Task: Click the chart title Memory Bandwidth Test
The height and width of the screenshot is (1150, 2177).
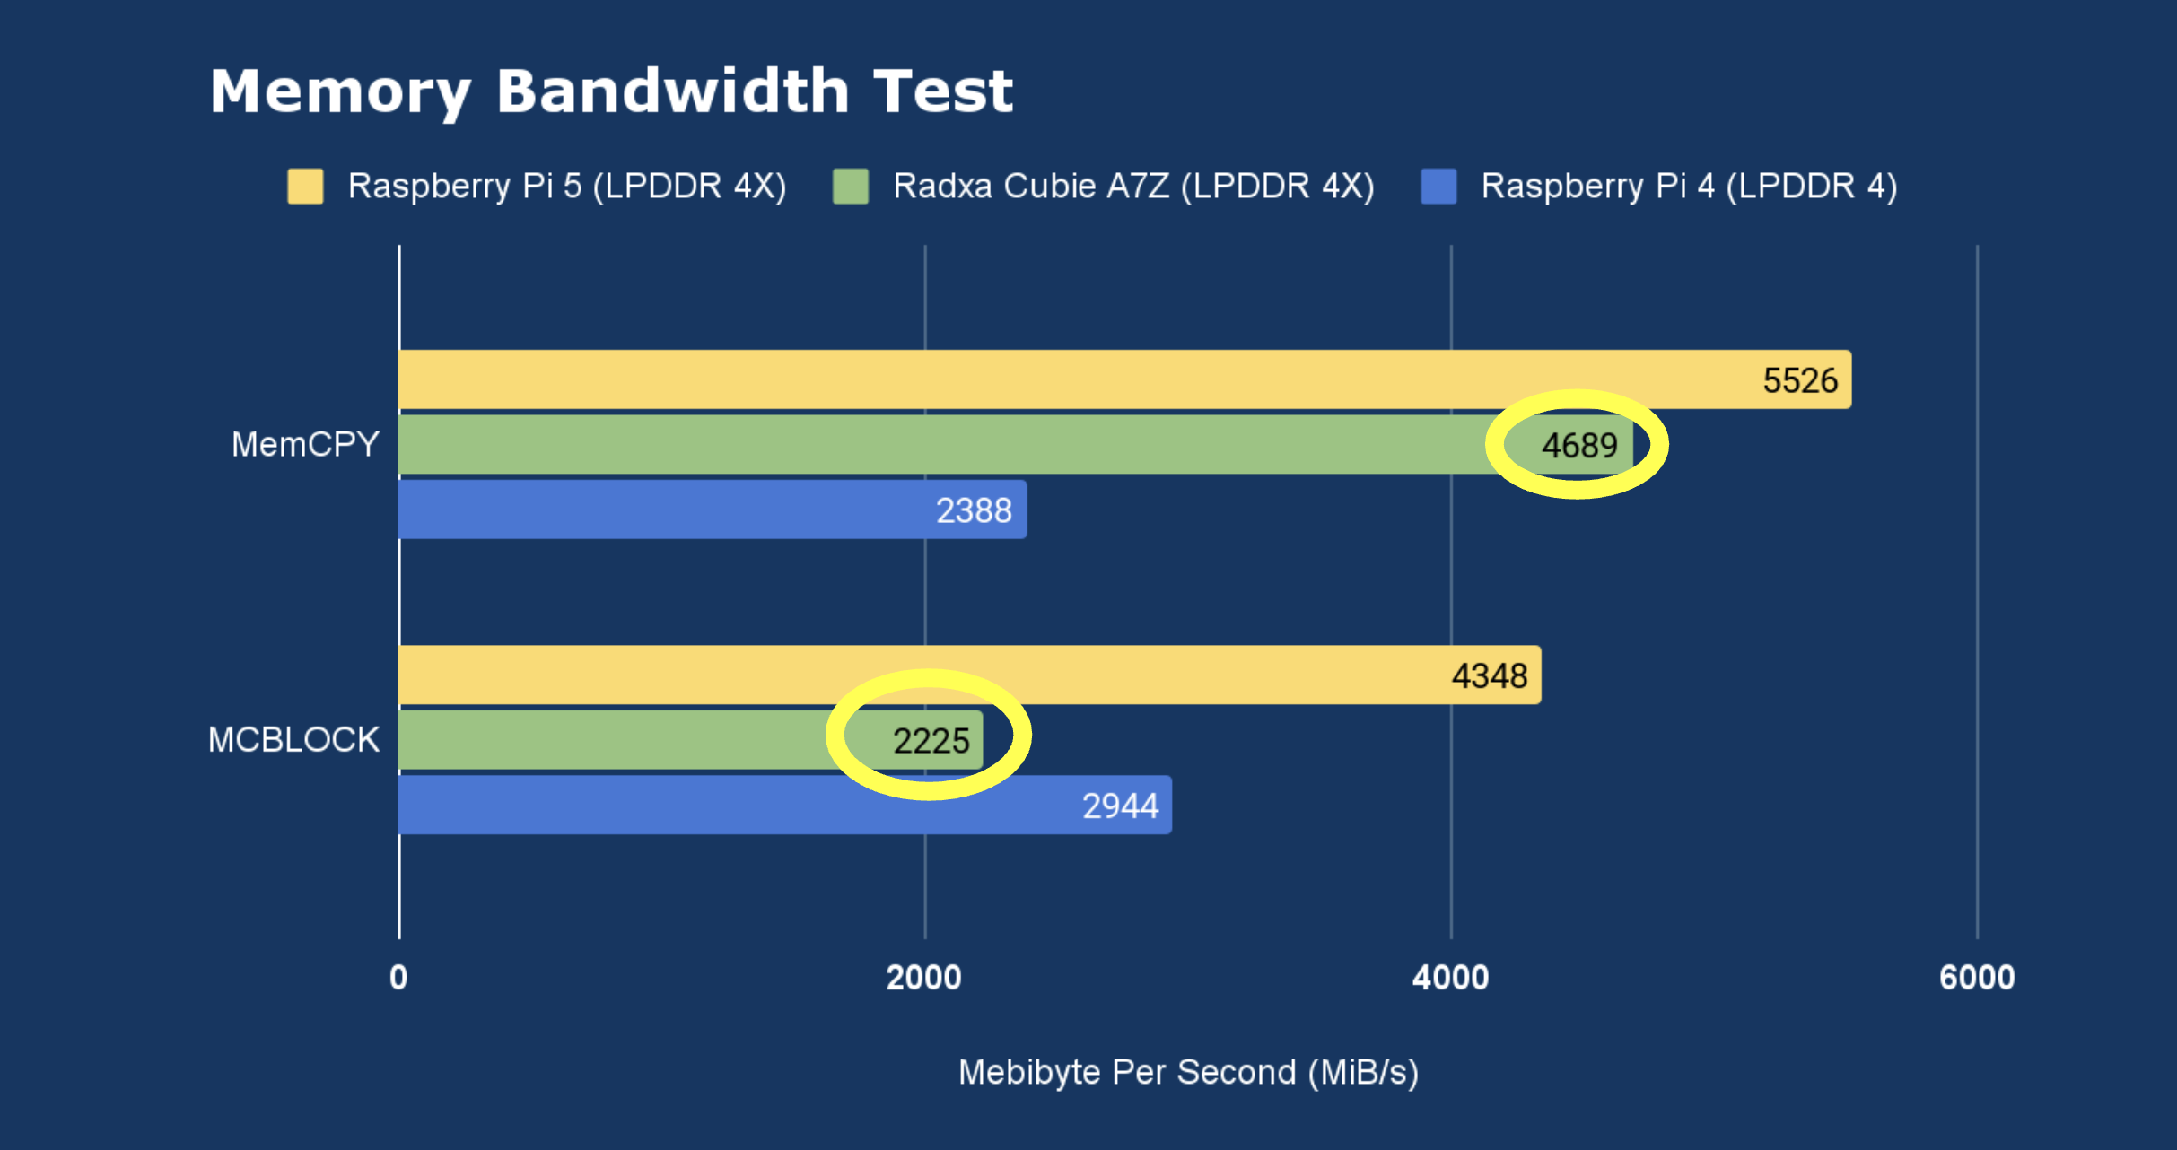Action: coord(611,91)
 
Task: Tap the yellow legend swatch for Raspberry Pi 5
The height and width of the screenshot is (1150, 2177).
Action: coord(305,187)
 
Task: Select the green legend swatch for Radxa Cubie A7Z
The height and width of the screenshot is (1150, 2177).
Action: coord(850,187)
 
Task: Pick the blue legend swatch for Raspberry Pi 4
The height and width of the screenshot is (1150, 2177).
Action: coord(1438,187)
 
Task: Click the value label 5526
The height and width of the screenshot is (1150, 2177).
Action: coord(1799,380)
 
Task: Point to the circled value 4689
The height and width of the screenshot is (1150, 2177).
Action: coord(1579,446)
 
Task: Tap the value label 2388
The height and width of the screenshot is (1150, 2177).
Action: coord(974,510)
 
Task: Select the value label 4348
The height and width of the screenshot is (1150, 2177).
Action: coord(1489,675)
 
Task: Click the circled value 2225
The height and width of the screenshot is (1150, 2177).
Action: coord(931,741)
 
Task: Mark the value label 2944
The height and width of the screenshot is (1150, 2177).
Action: coord(1120,806)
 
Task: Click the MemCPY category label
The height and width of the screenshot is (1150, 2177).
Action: coord(305,445)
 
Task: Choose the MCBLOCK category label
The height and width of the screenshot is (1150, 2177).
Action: coord(293,740)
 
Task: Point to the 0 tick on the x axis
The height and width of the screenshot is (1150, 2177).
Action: coord(398,977)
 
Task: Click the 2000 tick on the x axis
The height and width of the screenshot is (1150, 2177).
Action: coord(923,977)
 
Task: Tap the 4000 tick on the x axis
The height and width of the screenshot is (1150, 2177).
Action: coord(1450,977)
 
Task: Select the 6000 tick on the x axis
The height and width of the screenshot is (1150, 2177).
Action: coord(1977,977)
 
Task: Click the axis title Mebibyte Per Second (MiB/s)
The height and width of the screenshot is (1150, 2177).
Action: coord(1188,1072)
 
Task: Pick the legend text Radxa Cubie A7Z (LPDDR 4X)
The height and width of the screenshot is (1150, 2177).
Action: coord(1133,187)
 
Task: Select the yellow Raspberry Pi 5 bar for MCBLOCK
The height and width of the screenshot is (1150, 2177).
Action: coord(897,675)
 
